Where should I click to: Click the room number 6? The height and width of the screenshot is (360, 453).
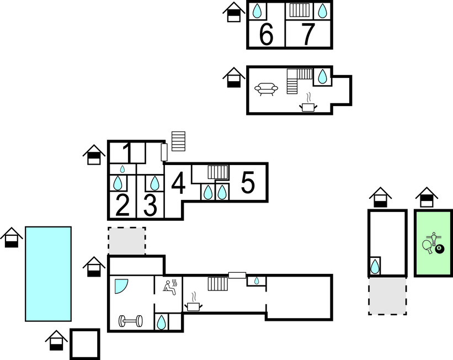[x=266, y=34]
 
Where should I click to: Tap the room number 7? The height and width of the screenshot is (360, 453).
[x=308, y=34]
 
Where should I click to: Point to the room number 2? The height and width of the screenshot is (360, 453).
[x=122, y=205]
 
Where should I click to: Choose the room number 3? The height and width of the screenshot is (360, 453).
[x=150, y=205]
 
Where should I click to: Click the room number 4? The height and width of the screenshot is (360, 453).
[x=178, y=183]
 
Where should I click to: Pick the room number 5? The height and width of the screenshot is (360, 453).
[x=248, y=182]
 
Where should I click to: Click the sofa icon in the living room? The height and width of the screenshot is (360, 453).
[x=266, y=89]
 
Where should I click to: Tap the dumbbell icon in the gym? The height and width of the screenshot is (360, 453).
[x=131, y=321]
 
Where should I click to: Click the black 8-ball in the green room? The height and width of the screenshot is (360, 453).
[x=439, y=248]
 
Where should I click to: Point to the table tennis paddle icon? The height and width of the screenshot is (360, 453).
[x=428, y=247]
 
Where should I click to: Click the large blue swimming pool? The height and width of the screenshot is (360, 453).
[x=48, y=274]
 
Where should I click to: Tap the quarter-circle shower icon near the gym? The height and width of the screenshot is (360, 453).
[x=120, y=285]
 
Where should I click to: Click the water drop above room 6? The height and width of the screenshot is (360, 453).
[x=257, y=11]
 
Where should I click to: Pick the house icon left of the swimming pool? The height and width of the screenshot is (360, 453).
[x=12, y=237]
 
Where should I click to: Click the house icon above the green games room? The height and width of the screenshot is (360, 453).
[x=427, y=197]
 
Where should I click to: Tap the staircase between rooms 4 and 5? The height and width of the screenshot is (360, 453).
[x=218, y=172]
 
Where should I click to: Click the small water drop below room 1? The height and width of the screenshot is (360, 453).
[x=122, y=169]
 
